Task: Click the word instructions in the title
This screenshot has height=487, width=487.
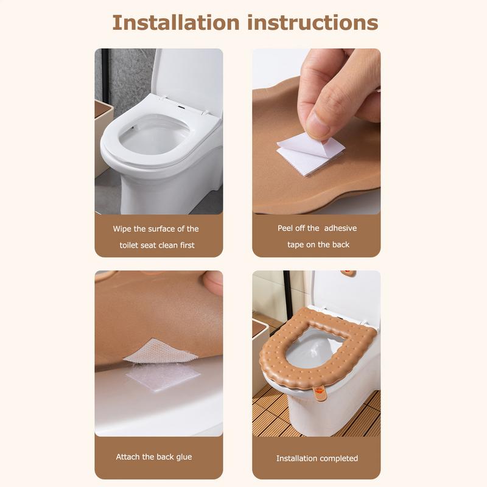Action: point(312,23)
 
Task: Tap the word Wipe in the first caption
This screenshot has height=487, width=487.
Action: point(122,229)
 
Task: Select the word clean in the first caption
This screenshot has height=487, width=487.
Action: point(167,245)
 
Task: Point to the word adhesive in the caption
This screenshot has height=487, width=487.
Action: point(340,228)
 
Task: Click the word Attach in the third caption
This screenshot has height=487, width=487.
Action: point(128,457)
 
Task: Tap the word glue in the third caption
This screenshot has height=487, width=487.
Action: point(183,457)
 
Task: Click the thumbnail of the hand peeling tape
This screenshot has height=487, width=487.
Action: point(316,131)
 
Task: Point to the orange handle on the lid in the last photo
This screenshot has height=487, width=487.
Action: point(349,273)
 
